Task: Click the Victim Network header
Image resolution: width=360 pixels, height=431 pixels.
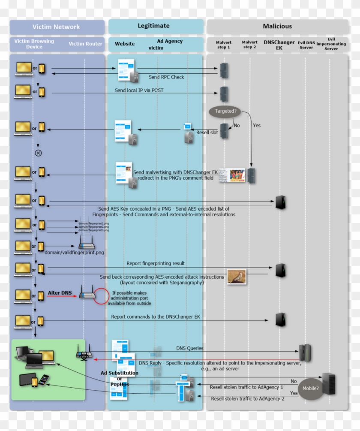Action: tap(56, 27)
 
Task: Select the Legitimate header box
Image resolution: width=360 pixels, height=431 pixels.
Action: tap(153, 26)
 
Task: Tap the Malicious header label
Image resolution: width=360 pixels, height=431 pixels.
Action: tap(277, 26)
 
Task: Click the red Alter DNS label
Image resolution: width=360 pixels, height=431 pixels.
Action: tap(60, 292)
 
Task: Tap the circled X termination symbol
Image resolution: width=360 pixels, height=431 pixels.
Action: tap(38, 153)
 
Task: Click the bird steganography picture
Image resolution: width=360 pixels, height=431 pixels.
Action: tap(237, 277)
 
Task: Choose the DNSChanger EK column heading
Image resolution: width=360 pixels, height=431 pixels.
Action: tap(279, 45)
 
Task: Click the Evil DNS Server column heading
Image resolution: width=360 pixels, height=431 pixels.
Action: tap(306, 45)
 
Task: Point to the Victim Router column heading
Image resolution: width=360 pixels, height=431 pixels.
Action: tap(86, 44)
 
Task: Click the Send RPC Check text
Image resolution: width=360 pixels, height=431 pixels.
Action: tap(166, 77)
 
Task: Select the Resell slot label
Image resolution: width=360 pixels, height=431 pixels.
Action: tap(207, 133)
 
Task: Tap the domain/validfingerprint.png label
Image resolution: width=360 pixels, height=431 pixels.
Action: tap(74, 253)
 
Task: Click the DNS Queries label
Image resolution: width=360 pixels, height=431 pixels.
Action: tap(189, 348)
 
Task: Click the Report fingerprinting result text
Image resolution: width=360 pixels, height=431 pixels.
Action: tap(156, 263)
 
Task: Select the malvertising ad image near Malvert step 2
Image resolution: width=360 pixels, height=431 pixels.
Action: tap(232, 175)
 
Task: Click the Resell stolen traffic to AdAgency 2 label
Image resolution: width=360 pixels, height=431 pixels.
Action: tap(247, 398)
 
